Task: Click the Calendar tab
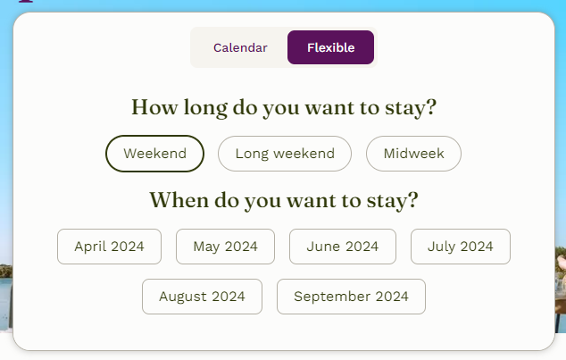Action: coord(240,47)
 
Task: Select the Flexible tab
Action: coord(330,47)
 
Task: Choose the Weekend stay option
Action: coord(154,154)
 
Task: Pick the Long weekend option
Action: coord(285,154)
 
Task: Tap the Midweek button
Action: coord(413,154)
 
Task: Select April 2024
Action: coord(110,247)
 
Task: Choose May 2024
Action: coord(225,247)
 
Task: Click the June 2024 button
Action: coord(343,247)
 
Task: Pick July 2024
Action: coord(461,247)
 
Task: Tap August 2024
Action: coord(202,297)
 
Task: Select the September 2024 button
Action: coord(351,297)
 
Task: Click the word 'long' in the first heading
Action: coord(205,108)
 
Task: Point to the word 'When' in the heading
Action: coord(179,200)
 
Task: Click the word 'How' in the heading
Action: coord(154,107)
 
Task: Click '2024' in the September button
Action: coord(392,297)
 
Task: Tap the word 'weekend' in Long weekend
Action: coord(304,154)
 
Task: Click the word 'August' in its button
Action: coord(183,297)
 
